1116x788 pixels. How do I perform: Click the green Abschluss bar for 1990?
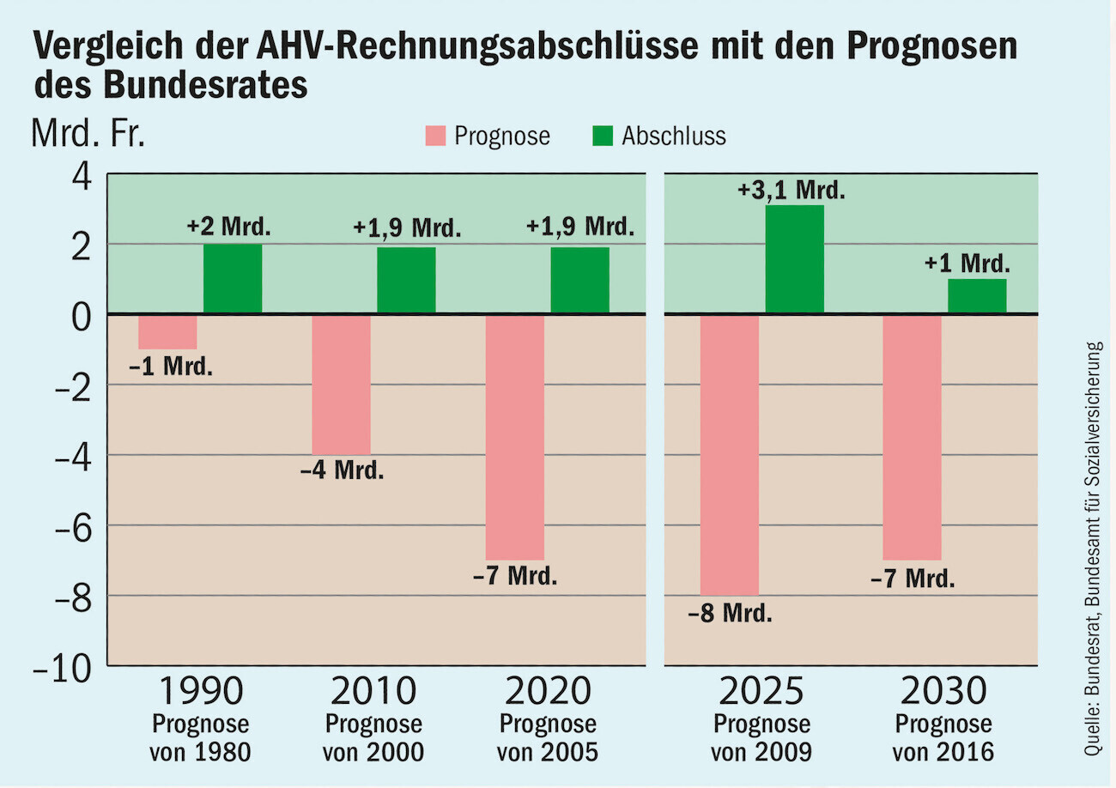tap(233, 279)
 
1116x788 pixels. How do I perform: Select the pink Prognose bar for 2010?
tap(341, 385)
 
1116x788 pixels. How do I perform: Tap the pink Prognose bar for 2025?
tap(730, 455)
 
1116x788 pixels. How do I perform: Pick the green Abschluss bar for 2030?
tap(977, 296)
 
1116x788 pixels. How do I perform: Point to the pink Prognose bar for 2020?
tap(515, 438)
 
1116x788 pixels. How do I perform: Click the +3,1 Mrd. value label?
tap(792, 190)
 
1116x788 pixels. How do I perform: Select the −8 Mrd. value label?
tap(730, 614)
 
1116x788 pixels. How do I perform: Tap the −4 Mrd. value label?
tap(342, 471)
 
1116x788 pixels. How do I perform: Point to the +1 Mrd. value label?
tap(967, 264)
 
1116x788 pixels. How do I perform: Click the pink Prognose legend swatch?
tap(435, 136)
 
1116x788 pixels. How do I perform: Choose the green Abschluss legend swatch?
tap(603, 136)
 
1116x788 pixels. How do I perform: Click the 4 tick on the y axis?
tap(82, 176)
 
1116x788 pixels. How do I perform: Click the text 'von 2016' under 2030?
tap(943, 753)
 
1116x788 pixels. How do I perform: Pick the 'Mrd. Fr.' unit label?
tap(88, 135)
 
